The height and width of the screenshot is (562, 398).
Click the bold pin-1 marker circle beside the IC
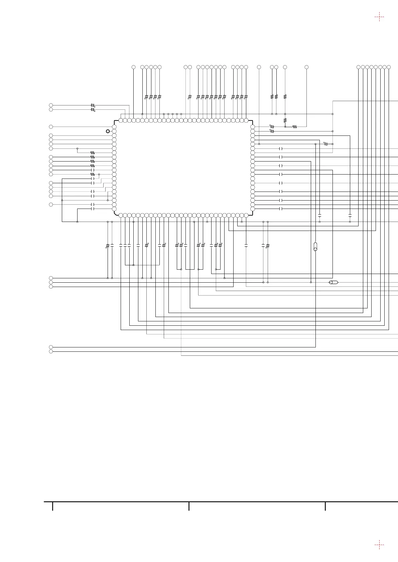[x=108, y=131]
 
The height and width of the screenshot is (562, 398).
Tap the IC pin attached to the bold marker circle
[x=114, y=131]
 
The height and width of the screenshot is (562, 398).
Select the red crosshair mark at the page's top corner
[x=379, y=16]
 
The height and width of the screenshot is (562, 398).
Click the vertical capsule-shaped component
[x=315, y=247]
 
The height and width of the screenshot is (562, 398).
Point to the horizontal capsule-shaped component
[x=334, y=282]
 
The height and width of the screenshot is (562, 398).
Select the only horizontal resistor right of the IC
[x=295, y=127]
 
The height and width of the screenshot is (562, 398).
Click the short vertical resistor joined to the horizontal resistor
[x=285, y=120]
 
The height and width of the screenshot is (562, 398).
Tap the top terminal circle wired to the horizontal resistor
[x=306, y=67]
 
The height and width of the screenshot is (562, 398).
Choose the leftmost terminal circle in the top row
[x=133, y=67]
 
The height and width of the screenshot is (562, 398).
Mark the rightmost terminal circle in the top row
[x=389, y=67]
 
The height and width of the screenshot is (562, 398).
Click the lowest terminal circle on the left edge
[x=51, y=351]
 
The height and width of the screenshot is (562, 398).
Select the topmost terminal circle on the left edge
[x=51, y=105]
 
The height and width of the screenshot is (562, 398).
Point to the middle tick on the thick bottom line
[x=189, y=506]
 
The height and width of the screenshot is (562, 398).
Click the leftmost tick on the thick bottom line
[x=52, y=506]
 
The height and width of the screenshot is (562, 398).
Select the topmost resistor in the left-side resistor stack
[x=93, y=153]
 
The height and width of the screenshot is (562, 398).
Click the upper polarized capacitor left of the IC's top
[x=93, y=105]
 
